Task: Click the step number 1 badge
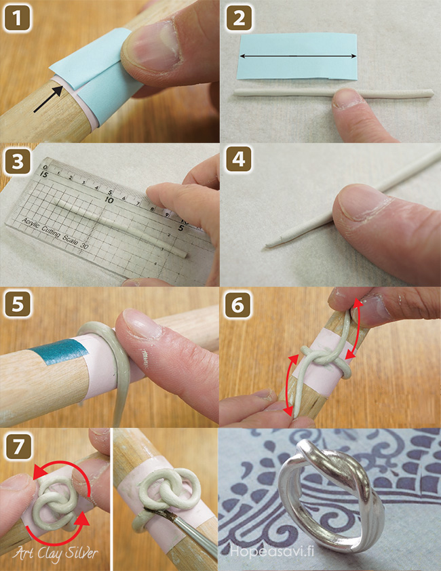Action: coord(17,18)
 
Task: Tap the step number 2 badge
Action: coord(239,18)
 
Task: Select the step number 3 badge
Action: coord(17,161)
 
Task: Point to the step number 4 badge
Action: coord(239,159)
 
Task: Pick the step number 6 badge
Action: coord(237,304)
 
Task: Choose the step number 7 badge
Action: coord(18,448)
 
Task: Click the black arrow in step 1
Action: coord(48,98)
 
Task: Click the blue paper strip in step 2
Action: coord(297,56)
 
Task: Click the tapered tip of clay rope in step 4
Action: coord(269,245)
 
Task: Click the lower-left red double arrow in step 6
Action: coord(292,385)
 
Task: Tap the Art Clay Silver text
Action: coord(56,554)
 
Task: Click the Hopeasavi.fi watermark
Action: coord(272,551)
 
